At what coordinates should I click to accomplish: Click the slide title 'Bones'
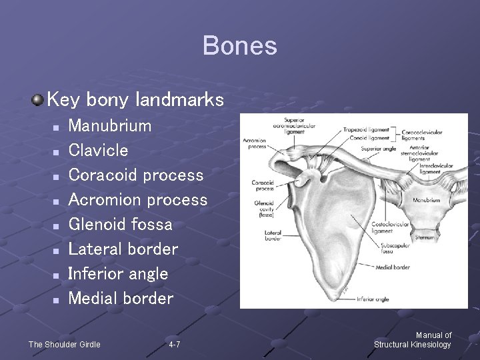pyautogui.click(x=239, y=46)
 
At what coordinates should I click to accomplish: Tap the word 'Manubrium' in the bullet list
pyautogui.click(x=110, y=125)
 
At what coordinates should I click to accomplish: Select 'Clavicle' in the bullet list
pyautogui.click(x=98, y=150)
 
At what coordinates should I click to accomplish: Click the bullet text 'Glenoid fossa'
pyautogui.click(x=120, y=224)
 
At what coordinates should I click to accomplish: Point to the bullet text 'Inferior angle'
pyautogui.click(x=118, y=273)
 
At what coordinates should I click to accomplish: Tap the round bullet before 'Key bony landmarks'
pyautogui.click(x=38, y=100)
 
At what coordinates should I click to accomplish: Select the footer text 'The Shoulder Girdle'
pyautogui.click(x=64, y=345)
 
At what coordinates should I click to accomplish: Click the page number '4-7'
pyautogui.click(x=174, y=345)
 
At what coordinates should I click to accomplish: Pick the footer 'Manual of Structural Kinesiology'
pyautogui.click(x=413, y=340)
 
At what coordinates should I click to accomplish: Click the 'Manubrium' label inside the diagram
pyautogui.click(x=426, y=200)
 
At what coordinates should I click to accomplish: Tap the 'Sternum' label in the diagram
pyautogui.click(x=425, y=237)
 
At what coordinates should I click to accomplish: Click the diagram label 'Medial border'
pyautogui.click(x=392, y=268)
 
